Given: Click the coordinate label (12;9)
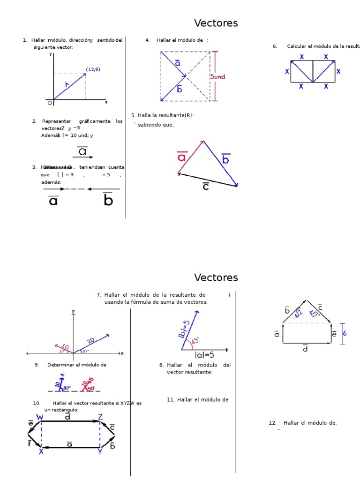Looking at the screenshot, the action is point(93,69).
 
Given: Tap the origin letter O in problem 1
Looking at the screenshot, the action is point(50,103).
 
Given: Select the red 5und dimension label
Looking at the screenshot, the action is point(217,76).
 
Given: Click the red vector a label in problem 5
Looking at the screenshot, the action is point(182,157).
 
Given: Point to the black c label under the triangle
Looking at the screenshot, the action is point(206,186).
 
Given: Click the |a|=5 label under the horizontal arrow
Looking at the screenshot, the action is point(204,355).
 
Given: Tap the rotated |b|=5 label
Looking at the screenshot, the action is point(183,329).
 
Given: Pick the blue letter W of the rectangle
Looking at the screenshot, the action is point(40,417).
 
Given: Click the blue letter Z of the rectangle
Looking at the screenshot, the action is point(100,417).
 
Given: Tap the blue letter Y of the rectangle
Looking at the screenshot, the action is point(100,452).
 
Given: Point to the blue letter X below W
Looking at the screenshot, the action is point(41,452).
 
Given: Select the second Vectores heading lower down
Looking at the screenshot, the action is point(216,277).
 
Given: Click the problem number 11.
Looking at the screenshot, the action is point(171,400).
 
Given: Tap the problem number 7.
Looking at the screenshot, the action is point(99,295).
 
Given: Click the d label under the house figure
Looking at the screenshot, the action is point(305,349).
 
